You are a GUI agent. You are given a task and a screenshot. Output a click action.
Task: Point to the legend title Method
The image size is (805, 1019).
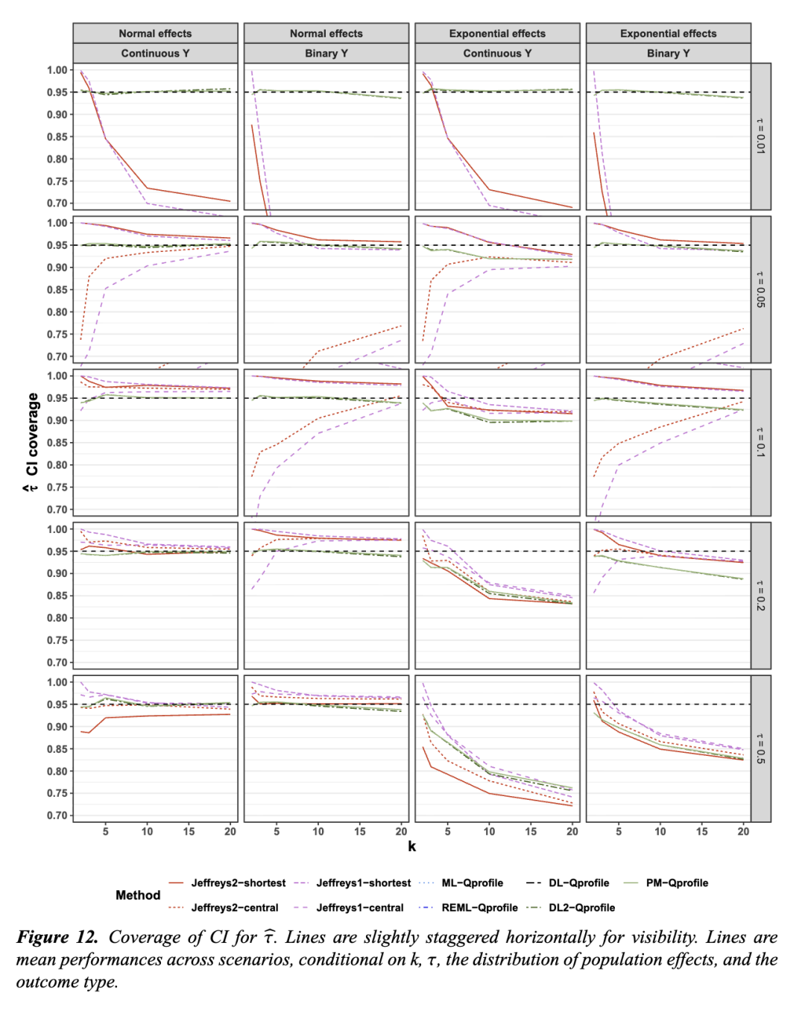pos(138,895)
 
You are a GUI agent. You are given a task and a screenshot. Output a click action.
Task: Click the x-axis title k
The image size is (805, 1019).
pos(411,846)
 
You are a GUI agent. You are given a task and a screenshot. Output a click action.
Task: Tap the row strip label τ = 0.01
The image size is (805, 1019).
pos(760,136)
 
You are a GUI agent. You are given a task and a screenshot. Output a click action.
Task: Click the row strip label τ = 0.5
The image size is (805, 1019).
pos(760,748)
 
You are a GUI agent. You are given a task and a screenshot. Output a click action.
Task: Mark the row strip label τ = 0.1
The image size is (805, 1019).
pos(760,443)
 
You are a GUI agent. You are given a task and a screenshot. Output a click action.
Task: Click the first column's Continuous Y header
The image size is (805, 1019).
pos(155,54)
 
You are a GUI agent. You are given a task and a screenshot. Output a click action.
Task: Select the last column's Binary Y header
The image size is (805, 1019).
pos(668,54)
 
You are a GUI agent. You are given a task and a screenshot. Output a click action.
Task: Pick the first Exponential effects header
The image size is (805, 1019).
pos(497,34)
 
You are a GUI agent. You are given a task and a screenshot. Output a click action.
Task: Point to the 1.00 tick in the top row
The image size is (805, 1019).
pos(57,70)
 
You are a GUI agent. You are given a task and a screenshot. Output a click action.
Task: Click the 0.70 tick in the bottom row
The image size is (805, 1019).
pos(57,815)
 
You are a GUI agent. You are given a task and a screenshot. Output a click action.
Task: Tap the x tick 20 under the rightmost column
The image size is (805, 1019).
pos(743,831)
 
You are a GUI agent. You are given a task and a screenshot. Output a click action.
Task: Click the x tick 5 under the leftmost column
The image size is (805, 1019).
pos(106,831)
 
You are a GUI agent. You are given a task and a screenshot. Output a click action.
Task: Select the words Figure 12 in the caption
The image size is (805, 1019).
pos(57,937)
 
